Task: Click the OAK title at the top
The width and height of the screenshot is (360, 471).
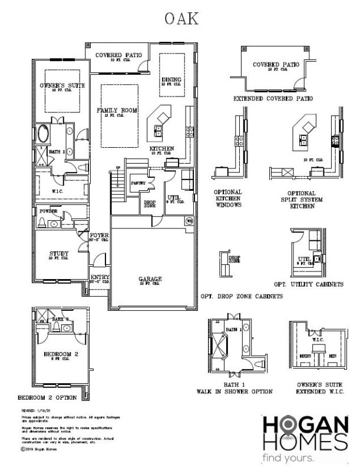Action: [x=181, y=19]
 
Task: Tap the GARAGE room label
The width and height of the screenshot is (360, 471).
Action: [x=150, y=280]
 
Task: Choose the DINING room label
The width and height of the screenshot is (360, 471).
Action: [x=171, y=80]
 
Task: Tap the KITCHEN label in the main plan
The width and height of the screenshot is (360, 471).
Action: [x=161, y=148]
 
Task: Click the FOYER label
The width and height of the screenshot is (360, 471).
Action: [x=97, y=236]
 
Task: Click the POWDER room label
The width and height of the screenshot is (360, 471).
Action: [x=48, y=211]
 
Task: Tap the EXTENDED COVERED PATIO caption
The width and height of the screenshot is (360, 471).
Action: [x=273, y=98]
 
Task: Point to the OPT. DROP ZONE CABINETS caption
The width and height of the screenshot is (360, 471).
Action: [x=242, y=296]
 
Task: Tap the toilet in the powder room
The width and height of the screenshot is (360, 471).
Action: [x=42, y=223]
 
